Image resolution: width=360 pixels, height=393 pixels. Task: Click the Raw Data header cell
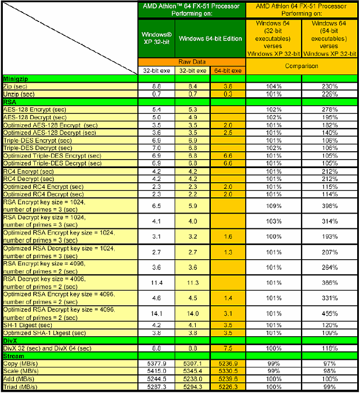coord(191,62)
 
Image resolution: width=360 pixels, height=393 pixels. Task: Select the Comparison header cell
coord(301,66)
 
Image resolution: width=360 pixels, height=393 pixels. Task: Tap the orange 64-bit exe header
coord(228,71)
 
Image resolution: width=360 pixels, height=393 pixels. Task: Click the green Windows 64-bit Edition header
coord(210,38)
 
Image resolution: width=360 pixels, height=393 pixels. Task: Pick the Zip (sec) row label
coord(17,87)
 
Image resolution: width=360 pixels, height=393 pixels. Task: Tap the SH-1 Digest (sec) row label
coord(31,325)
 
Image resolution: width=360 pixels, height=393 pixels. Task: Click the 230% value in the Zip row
coord(330,87)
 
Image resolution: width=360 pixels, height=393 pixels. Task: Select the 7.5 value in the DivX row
coord(228,348)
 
